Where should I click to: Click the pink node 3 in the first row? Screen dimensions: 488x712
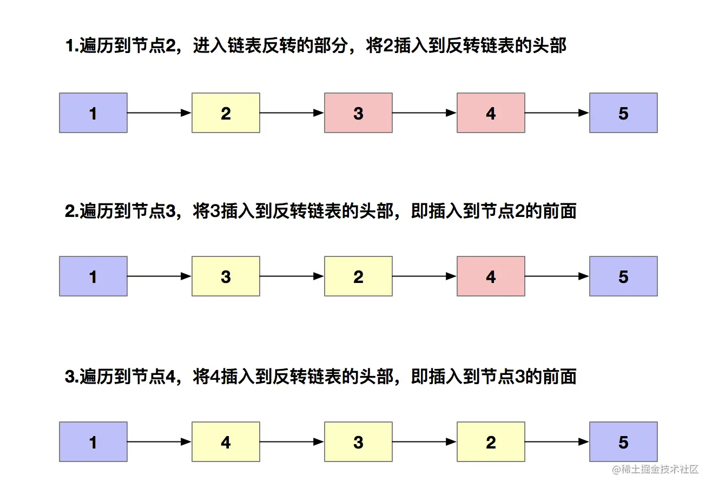tap(358, 113)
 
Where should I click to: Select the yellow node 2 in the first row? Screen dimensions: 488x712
tap(226, 113)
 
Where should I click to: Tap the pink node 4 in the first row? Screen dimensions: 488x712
tap(491, 113)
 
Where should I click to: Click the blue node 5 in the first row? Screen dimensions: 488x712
tap(623, 113)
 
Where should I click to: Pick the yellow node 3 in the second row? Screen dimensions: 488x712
tap(226, 276)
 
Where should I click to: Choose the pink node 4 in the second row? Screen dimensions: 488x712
tap(491, 276)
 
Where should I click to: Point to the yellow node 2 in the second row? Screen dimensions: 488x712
tap(358, 276)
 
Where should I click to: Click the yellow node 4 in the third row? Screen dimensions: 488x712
tap(226, 441)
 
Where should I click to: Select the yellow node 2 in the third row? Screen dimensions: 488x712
tap(491, 441)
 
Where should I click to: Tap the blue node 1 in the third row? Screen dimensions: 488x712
tap(93, 441)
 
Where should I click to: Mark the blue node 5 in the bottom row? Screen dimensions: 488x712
tap(623, 441)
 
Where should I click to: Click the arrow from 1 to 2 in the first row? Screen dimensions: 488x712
tap(160, 113)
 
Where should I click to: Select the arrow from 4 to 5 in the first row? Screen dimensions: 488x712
tap(557, 113)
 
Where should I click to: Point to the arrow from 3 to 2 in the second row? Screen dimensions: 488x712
tap(292, 276)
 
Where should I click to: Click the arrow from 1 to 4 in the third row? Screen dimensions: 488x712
tap(160, 441)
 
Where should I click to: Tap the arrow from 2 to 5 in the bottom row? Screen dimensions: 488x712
tap(557, 441)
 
